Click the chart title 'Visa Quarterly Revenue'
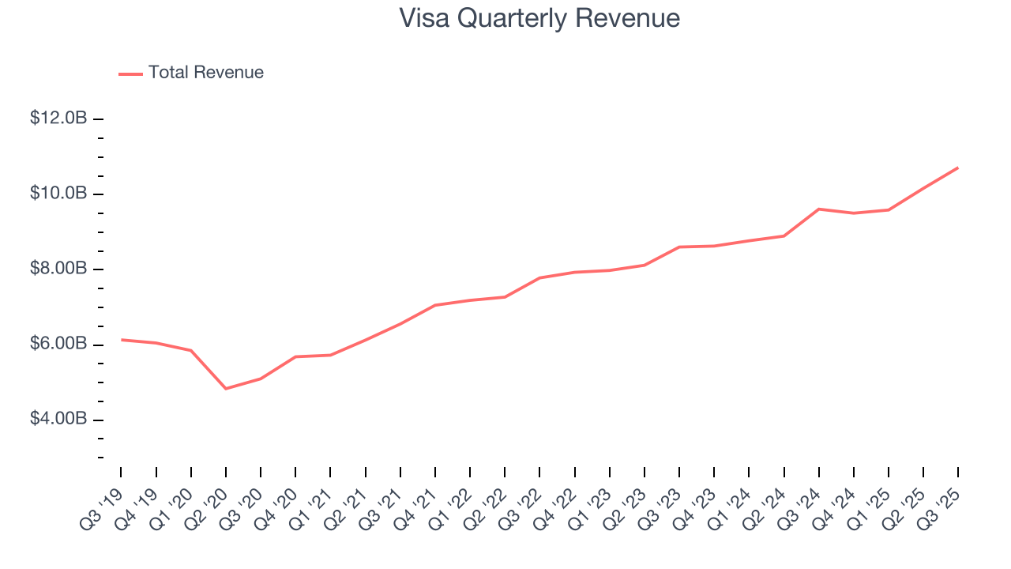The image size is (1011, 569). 539,18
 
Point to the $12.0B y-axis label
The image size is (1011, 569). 58,119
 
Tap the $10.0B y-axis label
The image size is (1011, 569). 58,194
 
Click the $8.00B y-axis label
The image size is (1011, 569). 58,269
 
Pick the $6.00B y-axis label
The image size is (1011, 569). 58,345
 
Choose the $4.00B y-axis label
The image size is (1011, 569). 58,420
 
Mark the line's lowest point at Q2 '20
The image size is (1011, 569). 226,388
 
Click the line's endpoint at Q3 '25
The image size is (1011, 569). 958,168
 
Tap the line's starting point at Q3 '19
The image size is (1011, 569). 122,340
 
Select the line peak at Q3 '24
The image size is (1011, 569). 819,209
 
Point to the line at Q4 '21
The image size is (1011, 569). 435,305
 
